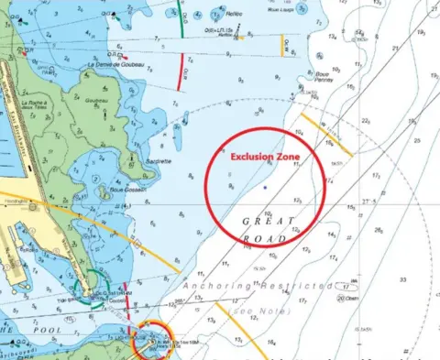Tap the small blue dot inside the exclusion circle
point(264,187)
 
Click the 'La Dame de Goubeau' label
point(118,64)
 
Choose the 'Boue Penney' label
point(324,82)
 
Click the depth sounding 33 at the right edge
point(401,278)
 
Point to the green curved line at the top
point(181,20)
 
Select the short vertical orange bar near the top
point(282,45)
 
